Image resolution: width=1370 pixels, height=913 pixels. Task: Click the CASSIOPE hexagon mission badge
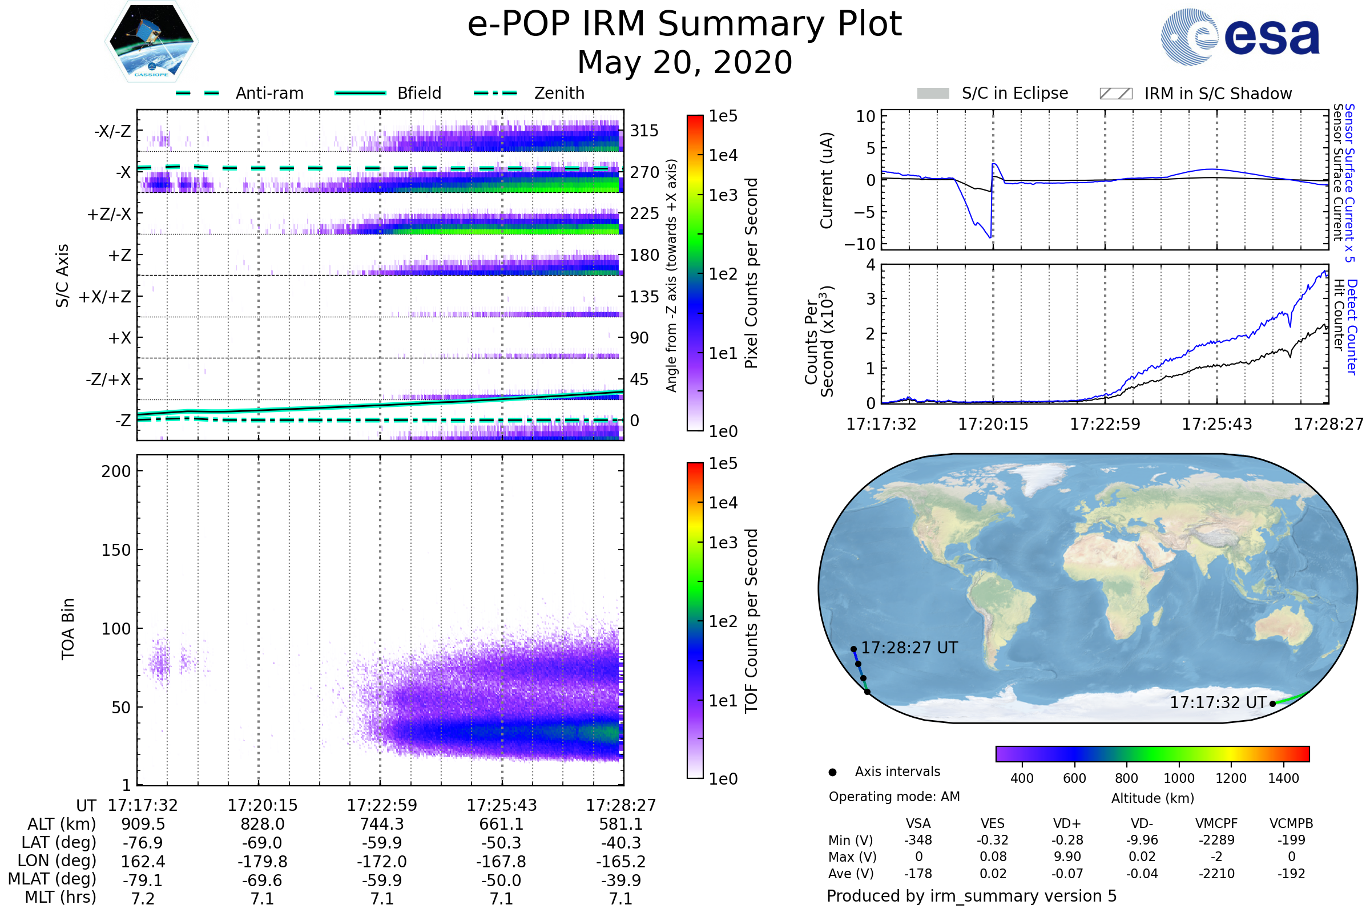click(x=151, y=41)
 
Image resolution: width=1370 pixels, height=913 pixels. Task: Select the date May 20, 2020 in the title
click(x=684, y=62)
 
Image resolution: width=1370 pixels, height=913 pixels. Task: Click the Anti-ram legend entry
click(x=269, y=93)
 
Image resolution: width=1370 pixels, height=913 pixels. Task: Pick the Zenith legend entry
click(x=559, y=93)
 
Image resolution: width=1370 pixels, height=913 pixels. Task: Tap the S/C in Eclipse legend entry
click(x=1014, y=93)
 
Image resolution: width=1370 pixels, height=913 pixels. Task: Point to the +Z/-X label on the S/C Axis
click(x=109, y=215)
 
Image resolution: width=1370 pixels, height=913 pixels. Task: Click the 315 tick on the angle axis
click(x=644, y=131)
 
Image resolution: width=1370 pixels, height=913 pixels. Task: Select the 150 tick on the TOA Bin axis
click(x=116, y=550)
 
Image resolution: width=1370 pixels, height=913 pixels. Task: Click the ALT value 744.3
click(x=381, y=824)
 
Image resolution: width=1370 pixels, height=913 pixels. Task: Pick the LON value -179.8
click(x=262, y=861)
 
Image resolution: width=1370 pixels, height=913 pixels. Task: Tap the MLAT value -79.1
click(x=143, y=880)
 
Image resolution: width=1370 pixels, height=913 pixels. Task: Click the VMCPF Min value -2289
click(x=1216, y=840)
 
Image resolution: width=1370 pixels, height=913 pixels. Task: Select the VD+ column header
click(x=1067, y=823)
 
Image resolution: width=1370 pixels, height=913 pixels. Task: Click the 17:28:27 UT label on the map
click(x=909, y=648)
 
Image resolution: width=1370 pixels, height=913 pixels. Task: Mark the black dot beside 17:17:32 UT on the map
click(x=1273, y=704)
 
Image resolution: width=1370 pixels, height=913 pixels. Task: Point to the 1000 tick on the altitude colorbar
click(x=1178, y=778)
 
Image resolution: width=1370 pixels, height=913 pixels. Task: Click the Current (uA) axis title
click(x=827, y=180)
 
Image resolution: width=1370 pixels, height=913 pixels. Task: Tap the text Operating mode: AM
click(x=894, y=797)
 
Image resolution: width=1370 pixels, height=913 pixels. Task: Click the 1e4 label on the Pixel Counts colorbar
click(x=723, y=155)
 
